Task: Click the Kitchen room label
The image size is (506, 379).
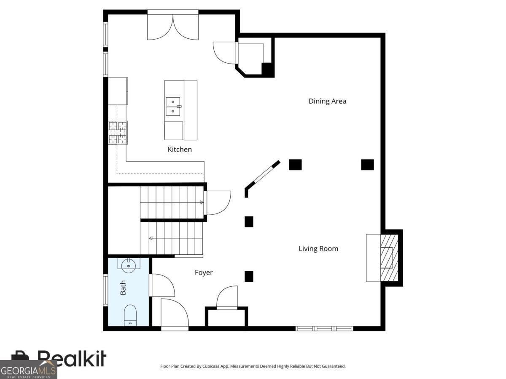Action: click(x=180, y=149)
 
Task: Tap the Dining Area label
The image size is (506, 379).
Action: click(x=327, y=101)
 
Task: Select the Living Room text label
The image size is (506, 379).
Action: click(x=318, y=248)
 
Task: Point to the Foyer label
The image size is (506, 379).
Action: click(x=204, y=272)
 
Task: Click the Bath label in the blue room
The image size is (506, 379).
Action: click(x=123, y=288)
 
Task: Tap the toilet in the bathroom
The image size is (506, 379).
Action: click(x=130, y=315)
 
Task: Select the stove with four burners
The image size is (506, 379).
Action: click(x=118, y=132)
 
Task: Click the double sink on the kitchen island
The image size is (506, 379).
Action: click(x=173, y=107)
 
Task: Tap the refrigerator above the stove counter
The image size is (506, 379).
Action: click(x=118, y=91)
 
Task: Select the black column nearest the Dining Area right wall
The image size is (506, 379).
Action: click(x=367, y=165)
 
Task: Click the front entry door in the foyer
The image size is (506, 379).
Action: click(x=175, y=314)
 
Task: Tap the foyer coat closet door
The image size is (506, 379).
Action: click(x=227, y=298)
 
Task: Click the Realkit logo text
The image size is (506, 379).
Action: click(x=72, y=358)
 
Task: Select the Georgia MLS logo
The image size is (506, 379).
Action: click(x=28, y=370)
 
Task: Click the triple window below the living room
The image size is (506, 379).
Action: click(x=324, y=328)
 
